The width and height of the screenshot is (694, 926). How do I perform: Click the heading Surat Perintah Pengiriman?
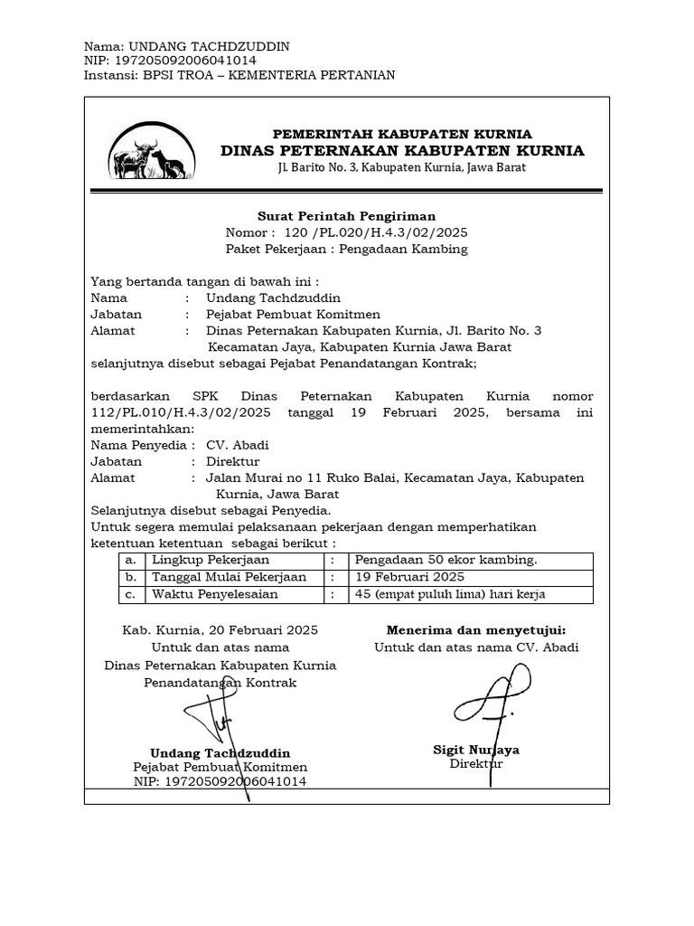(x=347, y=216)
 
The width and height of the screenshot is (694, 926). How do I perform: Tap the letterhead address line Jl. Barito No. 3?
(x=402, y=168)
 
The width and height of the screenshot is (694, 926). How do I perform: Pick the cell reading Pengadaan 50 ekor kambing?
(x=446, y=560)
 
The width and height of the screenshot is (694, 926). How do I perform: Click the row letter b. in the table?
(x=131, y=577)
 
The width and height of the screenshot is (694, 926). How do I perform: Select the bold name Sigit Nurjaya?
(x=476, y=750)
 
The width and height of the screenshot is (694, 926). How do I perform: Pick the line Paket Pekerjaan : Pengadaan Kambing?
(x=347, y=249)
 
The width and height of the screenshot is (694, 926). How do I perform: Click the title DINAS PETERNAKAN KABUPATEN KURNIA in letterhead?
(x=402, y=150)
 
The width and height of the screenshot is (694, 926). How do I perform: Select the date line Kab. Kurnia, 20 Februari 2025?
(x=220, y=629)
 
